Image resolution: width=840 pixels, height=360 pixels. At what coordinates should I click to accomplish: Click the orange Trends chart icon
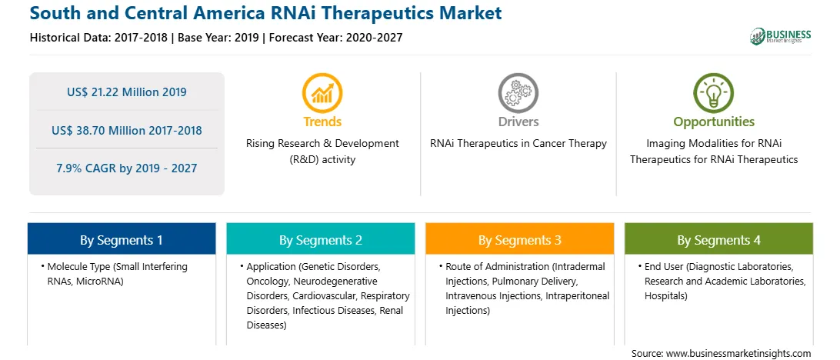(x=322, y=93)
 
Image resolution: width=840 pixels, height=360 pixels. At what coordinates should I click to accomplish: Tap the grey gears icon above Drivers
(x=518, y=93)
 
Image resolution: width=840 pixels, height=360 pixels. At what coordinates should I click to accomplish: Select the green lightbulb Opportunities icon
(x=714, y=93)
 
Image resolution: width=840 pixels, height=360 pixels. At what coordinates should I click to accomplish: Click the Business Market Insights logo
(x=780, y=36)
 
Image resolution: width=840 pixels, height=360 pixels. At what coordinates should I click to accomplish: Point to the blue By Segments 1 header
(x=122, y=239)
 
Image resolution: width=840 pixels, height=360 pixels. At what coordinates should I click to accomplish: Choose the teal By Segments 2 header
(x=320, y=239)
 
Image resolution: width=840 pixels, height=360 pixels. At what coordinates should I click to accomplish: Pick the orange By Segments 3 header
(x=520, y=239)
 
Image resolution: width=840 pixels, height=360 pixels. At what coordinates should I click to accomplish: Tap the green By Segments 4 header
(x=718, y=239)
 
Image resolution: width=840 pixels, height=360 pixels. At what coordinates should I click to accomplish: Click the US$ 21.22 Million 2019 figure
(x=127, y=92)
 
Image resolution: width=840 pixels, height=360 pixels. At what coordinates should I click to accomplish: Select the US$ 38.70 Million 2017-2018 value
(x=127, y=130)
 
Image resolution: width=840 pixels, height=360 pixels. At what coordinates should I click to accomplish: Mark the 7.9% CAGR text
(x=127, y=168)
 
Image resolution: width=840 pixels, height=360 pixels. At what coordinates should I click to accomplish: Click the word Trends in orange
(x=322, y=122)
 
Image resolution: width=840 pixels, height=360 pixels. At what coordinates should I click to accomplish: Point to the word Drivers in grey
(x=518, y=122)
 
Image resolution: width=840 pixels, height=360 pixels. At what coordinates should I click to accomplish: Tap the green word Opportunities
(x=714, y=122)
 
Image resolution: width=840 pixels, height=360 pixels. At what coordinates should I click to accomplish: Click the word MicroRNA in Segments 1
(x=101, y=282)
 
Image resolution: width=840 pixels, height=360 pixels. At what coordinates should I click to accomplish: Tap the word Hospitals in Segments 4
(x=666, y=295)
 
